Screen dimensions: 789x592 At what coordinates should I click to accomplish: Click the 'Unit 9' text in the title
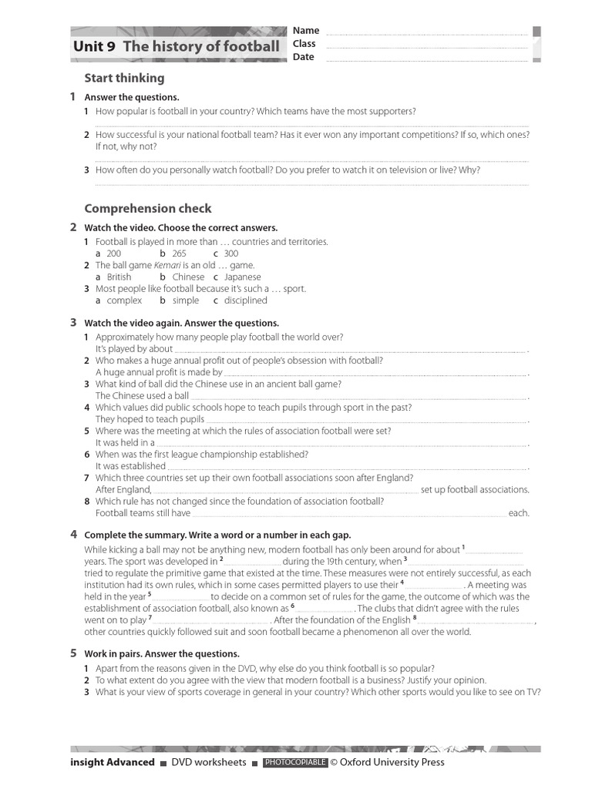pos(94,47)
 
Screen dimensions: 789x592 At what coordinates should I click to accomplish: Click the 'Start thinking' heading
pos(124,78)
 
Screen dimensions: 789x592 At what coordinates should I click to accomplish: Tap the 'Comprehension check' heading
pos(147,209)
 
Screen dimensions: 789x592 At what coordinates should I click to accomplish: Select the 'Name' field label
pos(306,31)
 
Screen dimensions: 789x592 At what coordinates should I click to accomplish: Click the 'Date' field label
pos(304,57)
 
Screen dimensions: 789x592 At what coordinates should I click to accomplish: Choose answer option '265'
pos(179,253)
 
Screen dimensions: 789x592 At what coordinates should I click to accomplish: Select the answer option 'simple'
pos(186,300)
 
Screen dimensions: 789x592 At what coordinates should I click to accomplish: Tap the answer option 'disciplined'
pos(245,300)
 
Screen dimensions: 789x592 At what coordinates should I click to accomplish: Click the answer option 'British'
pos(119,277)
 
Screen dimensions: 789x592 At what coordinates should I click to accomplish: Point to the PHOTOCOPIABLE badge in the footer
pos(295,763)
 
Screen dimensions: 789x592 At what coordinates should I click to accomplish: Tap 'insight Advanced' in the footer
pos(113,763)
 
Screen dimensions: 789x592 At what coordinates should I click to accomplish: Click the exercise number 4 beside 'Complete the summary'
pos(73,534)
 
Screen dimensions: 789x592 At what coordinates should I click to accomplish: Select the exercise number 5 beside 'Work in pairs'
pos(73,653)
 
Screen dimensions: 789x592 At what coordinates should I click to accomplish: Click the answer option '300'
pos(230,253)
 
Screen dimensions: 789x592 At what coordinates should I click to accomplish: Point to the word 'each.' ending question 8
pos(519,513)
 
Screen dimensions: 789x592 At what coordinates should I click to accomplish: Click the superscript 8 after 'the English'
pos(415,618)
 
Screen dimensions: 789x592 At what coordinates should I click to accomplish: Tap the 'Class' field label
pos(304,44)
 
